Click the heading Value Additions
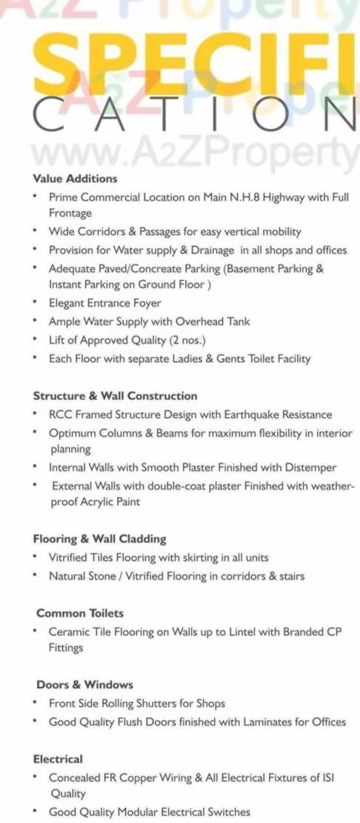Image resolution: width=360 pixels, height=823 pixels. [x=75, y=179]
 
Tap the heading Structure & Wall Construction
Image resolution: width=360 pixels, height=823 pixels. [x=115, y=396]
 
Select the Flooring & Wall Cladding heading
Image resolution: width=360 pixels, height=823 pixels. [x=99, y=539]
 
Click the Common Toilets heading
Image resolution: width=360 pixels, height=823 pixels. [x=80, y=613]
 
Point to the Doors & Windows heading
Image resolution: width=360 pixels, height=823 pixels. [x=84, y=684]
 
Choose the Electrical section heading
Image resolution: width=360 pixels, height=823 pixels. [x=58, y=759]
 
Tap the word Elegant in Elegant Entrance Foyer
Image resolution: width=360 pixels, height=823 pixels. [x=67, y=303]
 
